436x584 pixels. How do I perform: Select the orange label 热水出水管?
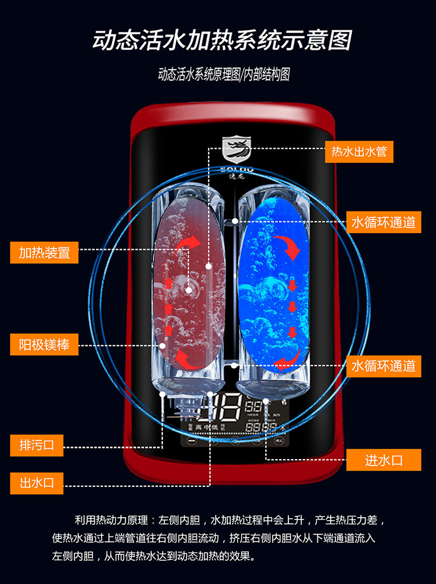(359, 152)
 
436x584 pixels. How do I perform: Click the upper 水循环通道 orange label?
(383, 222)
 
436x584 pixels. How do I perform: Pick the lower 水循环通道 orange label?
(383, 366)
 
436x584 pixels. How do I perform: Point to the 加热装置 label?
(44, 252)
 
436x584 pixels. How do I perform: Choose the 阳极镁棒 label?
(44, 345)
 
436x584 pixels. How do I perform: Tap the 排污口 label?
(37, 445)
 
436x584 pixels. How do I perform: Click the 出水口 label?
(37, 482)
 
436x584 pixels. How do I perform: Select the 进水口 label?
(383, 460)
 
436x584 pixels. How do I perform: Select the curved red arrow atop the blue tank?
(287, 246)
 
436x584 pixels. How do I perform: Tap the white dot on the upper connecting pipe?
(235, 221)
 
